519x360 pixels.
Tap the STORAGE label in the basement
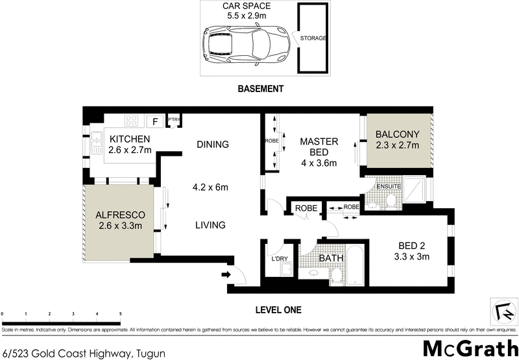coord(313,38)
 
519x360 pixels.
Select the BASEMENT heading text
coord(260,90)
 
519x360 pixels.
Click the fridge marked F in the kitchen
coord(155,121)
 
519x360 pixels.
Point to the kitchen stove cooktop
coord(131,120)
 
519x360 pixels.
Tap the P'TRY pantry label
coord(173,120)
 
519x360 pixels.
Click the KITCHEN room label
coord(130,139)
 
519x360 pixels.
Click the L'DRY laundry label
coord(280,259)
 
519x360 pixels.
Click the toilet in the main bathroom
coord(335,277)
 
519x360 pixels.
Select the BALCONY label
coord(398,134)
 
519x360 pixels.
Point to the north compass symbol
coord(500,309)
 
